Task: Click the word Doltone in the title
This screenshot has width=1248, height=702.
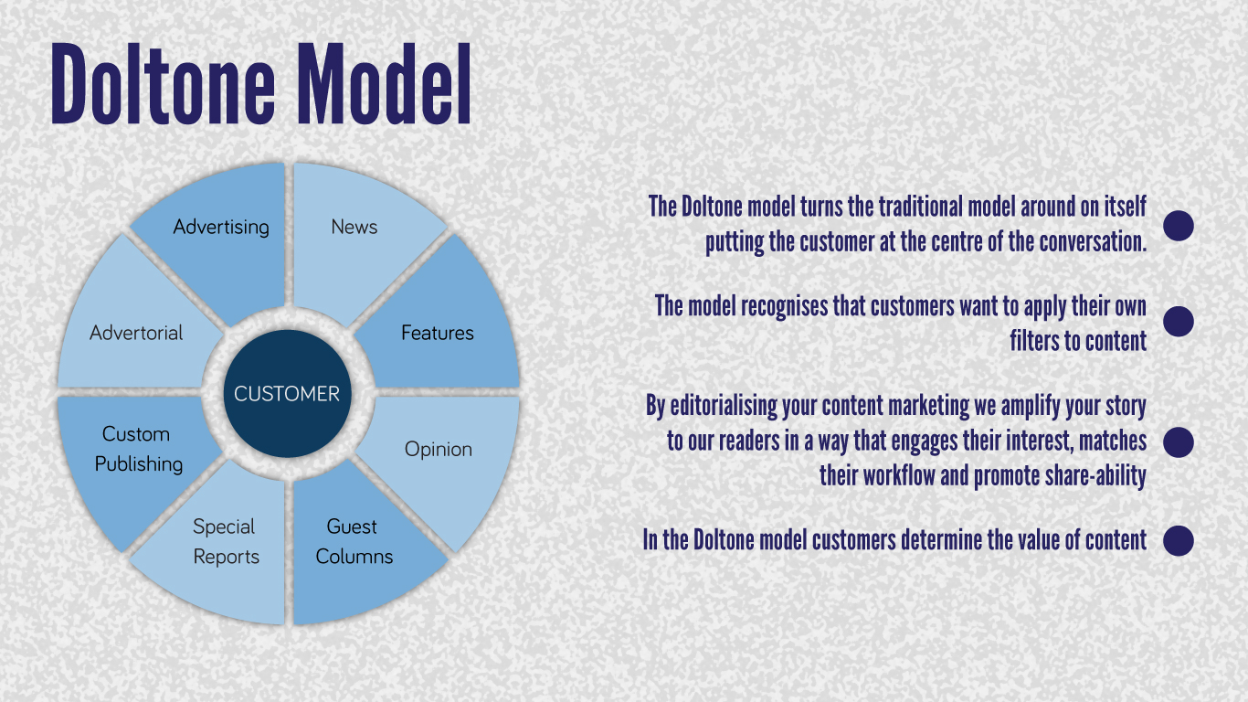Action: pos(163,84)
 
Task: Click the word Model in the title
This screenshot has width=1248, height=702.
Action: pos(385,84)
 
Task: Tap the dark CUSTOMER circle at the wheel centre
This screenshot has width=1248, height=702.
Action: pos(287,394)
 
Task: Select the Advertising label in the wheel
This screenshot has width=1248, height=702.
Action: pos(221,228)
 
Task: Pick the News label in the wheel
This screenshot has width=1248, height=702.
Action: pos(354,227)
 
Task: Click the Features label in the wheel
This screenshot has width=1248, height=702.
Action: pos(438,333)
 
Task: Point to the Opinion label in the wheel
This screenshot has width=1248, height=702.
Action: pos(439,450)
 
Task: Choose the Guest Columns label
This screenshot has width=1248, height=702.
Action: pos(354,541)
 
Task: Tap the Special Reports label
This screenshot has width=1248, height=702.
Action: pos(226,542)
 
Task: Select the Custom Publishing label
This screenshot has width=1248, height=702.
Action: pos(138,450)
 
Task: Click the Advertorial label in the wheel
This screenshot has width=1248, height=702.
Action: pos(136,333)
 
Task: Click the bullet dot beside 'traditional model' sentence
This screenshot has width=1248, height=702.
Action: pos(1179,226)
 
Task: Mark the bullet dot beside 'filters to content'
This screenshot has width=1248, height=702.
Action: pos(1179,321)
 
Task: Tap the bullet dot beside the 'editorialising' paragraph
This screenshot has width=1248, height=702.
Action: pos(1179,442)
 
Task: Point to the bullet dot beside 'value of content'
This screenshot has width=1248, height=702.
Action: pos(1179,540)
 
